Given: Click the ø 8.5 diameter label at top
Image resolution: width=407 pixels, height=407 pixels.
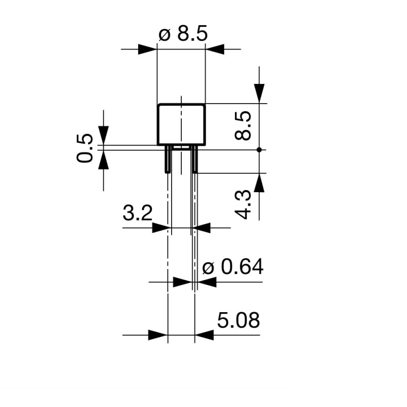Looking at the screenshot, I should click(x=183, y=35).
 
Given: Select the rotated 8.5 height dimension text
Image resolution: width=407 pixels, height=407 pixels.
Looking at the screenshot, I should click(x=243, y=126).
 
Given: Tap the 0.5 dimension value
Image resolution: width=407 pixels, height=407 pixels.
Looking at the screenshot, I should click(x=86, y=148).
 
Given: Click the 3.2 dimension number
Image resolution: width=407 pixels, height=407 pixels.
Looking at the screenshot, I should click(x=138, y=213).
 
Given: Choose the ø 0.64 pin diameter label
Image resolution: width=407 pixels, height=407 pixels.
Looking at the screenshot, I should click(x=233, y=267).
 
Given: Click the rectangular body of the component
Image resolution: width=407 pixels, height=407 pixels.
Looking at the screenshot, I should click(x=181, y=124).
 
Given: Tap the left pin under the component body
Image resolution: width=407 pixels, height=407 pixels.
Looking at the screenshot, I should click(x=168, y=159).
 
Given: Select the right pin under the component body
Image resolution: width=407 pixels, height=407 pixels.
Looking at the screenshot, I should click(x=194, y=159).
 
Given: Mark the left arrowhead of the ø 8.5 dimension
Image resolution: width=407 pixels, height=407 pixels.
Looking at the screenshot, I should click(x=147, y=49).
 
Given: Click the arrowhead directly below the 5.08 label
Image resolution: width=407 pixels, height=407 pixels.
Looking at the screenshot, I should click(x=205, y=335).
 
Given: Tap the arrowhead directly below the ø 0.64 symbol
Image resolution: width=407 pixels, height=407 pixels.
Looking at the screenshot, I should click(x=207, y=282).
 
